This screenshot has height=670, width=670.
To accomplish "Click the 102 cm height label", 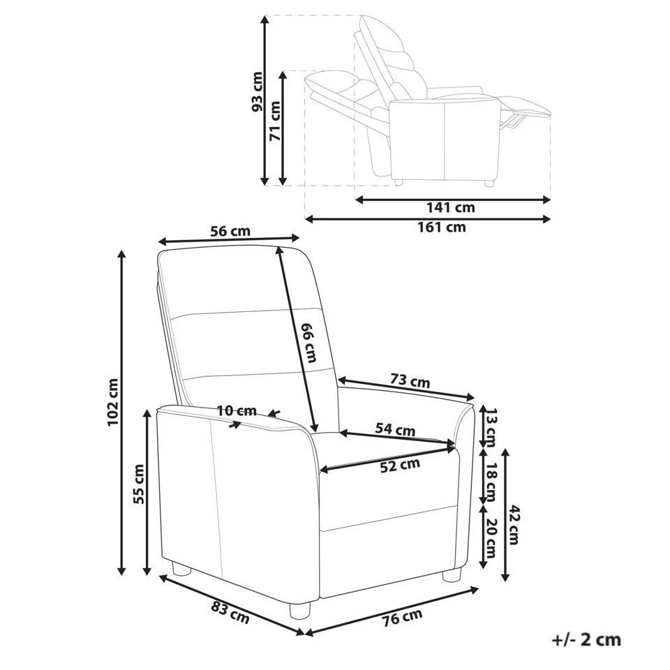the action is coord(113,402).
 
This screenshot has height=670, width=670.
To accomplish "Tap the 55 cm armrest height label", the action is coord(138,484).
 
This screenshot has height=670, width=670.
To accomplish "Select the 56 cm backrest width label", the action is coord(230,231).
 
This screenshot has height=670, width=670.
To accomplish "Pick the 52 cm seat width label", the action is coord(401,466).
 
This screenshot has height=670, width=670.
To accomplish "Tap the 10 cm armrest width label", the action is coord(237,411).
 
